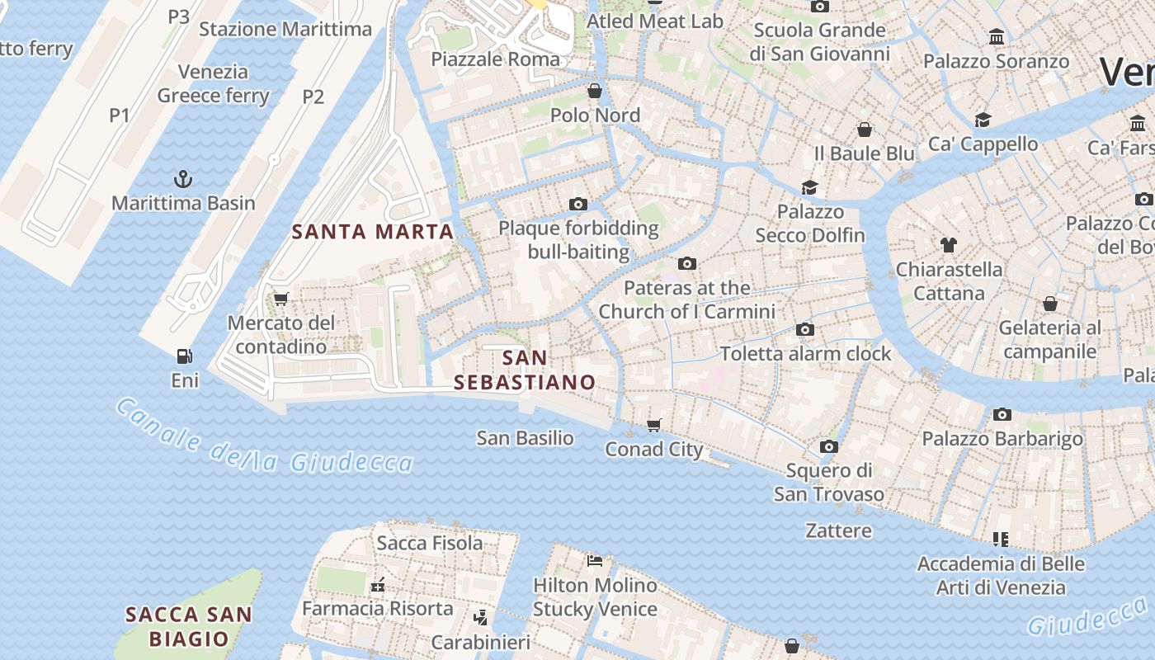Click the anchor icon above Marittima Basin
click(182, 178)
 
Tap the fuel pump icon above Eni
click(184, 356)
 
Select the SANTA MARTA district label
click(373, 232)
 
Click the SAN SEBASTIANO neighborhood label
click(525, 370)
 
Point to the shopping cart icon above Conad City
click(654, 425)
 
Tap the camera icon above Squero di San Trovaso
click(829, 447)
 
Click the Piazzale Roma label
click(495, 59)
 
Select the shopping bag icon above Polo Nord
click(595, 91)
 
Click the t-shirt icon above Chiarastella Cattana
click(949, 245)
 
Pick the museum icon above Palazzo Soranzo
click(997, 37)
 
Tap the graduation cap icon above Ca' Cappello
click(983, 120)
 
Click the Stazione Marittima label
click(285, 30)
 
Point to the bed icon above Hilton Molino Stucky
click(595, 561)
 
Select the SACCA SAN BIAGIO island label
click(189, 626)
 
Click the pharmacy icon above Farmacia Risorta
click(378, 584)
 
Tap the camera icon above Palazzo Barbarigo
click(1002, 414)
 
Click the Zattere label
click(838, 530)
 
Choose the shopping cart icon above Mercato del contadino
click(281, 299)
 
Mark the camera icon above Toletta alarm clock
click(805, 330)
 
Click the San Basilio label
click(525, 438)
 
